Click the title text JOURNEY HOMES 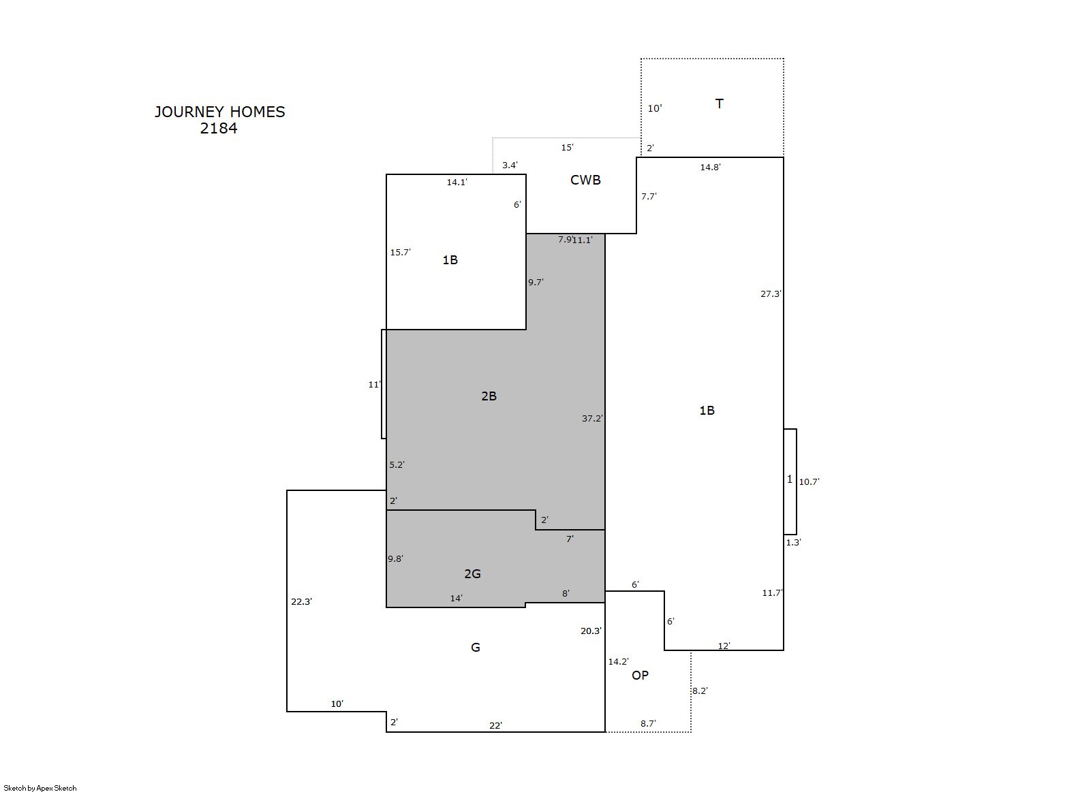pyautogui.click(x=220, y=112)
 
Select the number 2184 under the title pyautogui.click(x=219, y=128)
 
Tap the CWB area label pyautogui.click(x=585, y=180)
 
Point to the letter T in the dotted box pyautogui.click(x=720, y=104)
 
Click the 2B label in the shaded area pyautogui.click(x=489, y=396)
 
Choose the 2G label pyautogui.click(x=472, y=574)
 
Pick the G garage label pyautogui.click(x=476, y=648)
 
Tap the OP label pyautogui.click(x=640, y=676)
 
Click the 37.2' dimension pyautogui.click(x=592, y=419)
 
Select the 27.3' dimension pyautogui.click(x=771, y=294)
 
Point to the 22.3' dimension pyautogui.click(x=301, y=602)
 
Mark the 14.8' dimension pyautogui.click(x=711, y=167)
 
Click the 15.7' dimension pyautogui.click(x=400, y=253)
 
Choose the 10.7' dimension pyautogui.click(x=809, y=481)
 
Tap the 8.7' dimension pyautogui.click(x=648, y=724)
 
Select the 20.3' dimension pyautogui.click(x=591, y=631)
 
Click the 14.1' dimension pyautogui.click(x=457, y=182)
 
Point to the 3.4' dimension pyautogui.click(x=510, y=165)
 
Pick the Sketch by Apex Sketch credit pyautogui.click(x=40, y=788)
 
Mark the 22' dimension pyautogui.click(x=495, y=725)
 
